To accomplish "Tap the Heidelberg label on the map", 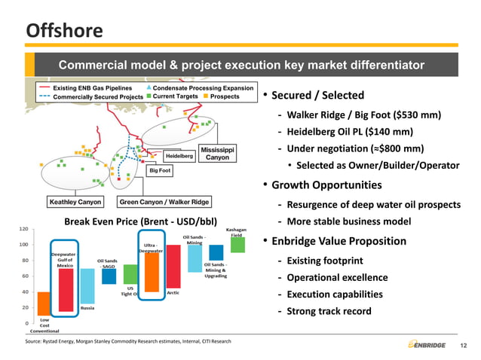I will pyautogui.click(x=179, y=155).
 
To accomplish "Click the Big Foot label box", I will pyautogui.click(x=159, y=171).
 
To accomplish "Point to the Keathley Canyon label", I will pyautogui.click(x=75, y=202).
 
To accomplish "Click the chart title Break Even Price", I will pyautogui.click(x=140, y=221).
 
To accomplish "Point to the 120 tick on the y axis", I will pyautogui.click(x=24, y=228).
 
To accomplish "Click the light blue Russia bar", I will pyautogui.click(x=87, y=286).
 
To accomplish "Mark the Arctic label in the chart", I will pyautogui.click(x=172, y=292).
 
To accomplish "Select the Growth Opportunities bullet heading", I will pyautogui.click(x=326, y=185).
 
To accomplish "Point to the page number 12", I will pyautogui.click(x=464, y=345).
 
